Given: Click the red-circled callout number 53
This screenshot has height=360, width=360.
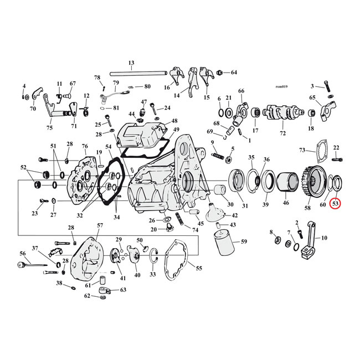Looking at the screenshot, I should [336, 204].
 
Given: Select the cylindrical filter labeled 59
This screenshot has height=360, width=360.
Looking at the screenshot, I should [227, 243].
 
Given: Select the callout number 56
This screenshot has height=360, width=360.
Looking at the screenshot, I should [23, 253].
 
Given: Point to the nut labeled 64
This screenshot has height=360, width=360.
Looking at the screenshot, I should [220, 73].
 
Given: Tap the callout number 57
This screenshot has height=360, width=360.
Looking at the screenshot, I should [100, 225].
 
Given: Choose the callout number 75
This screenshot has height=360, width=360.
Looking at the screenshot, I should [49, 128].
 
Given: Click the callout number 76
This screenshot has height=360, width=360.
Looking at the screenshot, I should [85, 146].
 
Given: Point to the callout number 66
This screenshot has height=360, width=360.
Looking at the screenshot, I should [241, 91].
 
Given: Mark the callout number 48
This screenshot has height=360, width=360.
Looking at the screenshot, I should [174, 121].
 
